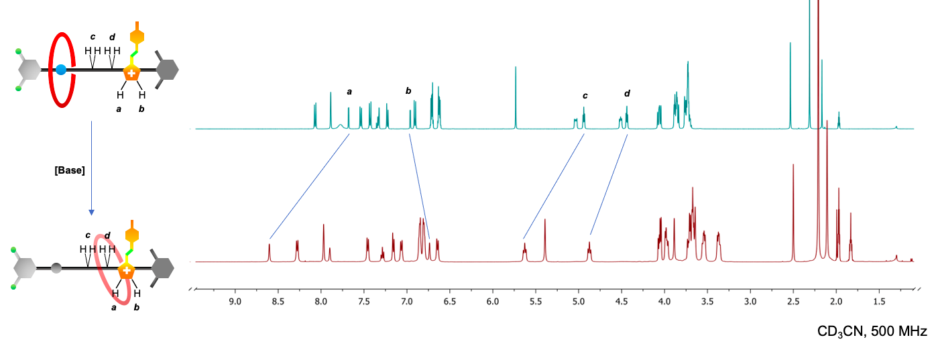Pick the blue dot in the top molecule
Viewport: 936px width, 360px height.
62,69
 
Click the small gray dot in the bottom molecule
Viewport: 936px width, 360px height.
56,269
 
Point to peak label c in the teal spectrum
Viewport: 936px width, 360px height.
585,95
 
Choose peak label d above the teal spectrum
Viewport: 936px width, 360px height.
627,93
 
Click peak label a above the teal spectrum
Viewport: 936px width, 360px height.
349,91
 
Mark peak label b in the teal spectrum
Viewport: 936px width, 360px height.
408,91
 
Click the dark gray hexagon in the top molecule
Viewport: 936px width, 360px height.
166,69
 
